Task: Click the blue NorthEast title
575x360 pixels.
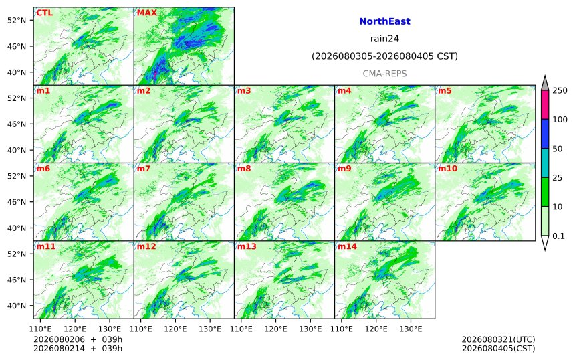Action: click(x=384, y=21)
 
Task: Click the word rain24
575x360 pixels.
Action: click(x=384, y=39)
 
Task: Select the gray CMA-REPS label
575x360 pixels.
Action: click(x=384, y=74)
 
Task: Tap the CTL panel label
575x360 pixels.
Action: click(x=43, y=13)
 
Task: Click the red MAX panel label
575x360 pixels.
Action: click(x=146, y=13)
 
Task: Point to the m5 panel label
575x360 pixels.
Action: click(x=445, y=90)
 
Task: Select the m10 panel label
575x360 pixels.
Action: click(x=447, y=169)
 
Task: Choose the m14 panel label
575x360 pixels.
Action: click(x=347, y=246)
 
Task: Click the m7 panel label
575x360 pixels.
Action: click(x=144, y=169)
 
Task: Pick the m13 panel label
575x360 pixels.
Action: click(x=247, y=246)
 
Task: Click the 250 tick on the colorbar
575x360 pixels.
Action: click(x=560, y=90)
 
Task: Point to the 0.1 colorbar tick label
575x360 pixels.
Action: click(x=559, y=236)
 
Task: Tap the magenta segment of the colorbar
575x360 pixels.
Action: click(x=545, y=104)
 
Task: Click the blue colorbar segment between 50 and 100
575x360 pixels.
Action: click(x=545, y=134)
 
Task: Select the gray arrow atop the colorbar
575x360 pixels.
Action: click(x=545, y=83)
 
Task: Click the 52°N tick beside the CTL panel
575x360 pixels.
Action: click(x=17, y=20)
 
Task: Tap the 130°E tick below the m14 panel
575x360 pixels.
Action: click(x=411, y=329)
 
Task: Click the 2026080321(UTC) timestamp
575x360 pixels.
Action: click(x=498, y=339)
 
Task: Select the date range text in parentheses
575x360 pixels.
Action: click(x=384, y=56)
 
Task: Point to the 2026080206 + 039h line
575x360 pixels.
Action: click(x=78, y=339)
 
